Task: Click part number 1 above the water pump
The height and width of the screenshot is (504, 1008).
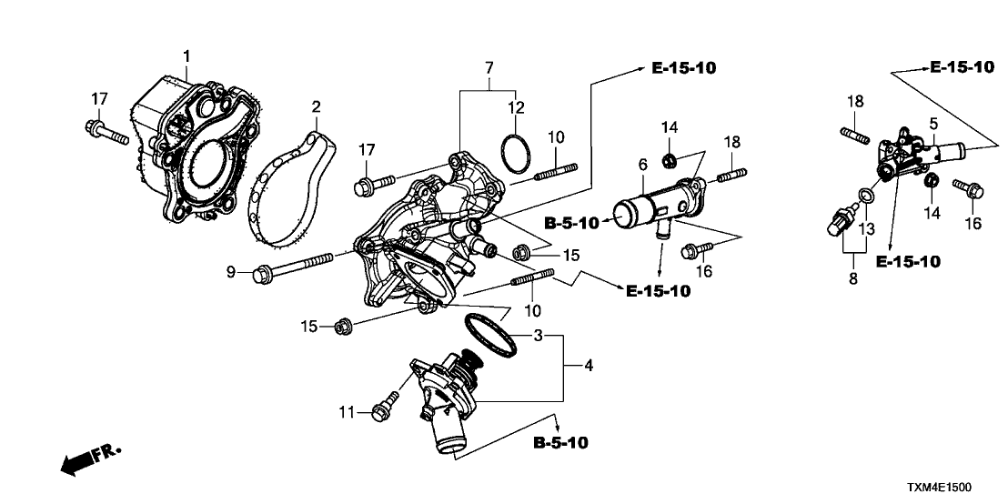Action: point(186,56)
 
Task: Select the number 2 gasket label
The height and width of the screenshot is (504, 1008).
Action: point(316,107)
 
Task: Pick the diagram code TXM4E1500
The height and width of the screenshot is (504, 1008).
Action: point(946,489)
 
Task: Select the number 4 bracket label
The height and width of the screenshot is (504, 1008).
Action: point(589,367)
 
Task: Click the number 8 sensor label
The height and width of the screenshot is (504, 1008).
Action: point(853,279)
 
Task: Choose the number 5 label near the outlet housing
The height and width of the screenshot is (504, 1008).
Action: point(933,123)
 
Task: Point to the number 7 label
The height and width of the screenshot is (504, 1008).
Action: point(489,68)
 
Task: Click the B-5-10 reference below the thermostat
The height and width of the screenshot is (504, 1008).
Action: point(560,444)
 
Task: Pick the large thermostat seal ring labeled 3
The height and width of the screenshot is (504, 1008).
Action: point(491,333)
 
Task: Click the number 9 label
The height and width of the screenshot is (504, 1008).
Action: point(231,271)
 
